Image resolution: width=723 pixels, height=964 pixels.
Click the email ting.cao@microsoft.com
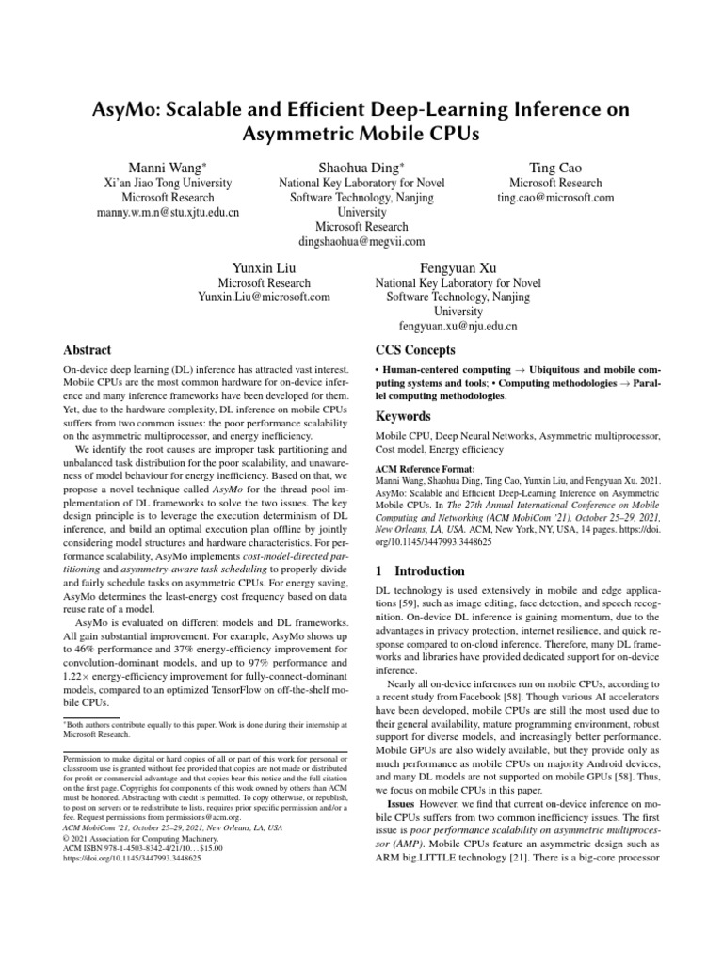tap(555, 198)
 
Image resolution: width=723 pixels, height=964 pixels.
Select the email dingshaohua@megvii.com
tap(361, 242)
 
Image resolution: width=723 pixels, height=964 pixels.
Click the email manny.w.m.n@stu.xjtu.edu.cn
tap(169, 213)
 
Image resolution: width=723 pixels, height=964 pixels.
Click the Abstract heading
tap(88, 349)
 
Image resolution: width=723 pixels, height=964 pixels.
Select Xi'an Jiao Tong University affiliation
tap(169, 183)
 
